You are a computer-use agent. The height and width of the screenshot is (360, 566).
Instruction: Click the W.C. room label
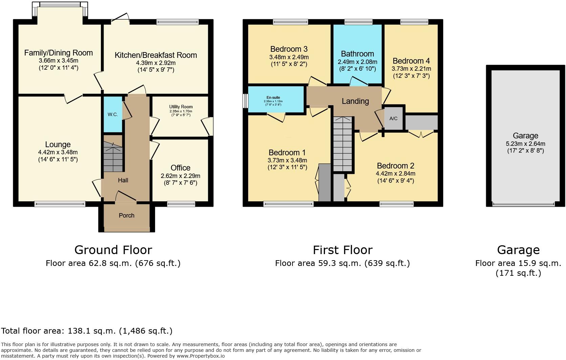pos(113,114)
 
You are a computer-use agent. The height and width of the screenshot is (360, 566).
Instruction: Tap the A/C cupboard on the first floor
pos(393,118)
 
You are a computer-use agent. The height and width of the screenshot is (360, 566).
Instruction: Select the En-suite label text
pos(273,98)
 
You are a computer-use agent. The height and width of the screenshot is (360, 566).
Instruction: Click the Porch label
pos(127,216)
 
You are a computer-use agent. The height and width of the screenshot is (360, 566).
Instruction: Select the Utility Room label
pos(181,107)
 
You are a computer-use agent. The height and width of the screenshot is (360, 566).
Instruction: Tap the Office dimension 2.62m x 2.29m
pos(180,176)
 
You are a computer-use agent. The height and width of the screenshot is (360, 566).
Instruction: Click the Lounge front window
pos(60,204)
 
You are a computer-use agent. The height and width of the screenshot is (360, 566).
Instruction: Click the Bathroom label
pos(357,54)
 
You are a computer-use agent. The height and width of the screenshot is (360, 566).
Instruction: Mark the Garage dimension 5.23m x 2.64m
pos(525,143)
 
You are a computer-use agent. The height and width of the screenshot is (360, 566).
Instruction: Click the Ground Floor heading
pos(113,250)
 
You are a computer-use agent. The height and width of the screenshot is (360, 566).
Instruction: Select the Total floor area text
pos(87,331)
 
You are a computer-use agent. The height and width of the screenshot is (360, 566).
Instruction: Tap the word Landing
pos(355,101)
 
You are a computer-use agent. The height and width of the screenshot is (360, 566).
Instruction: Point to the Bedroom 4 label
pos(411,61)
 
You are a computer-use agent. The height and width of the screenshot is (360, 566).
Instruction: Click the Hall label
pos(123,180)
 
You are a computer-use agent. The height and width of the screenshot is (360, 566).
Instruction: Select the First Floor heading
pos(343,250)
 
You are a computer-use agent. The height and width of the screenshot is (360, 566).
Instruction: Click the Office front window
pos(181,204)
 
